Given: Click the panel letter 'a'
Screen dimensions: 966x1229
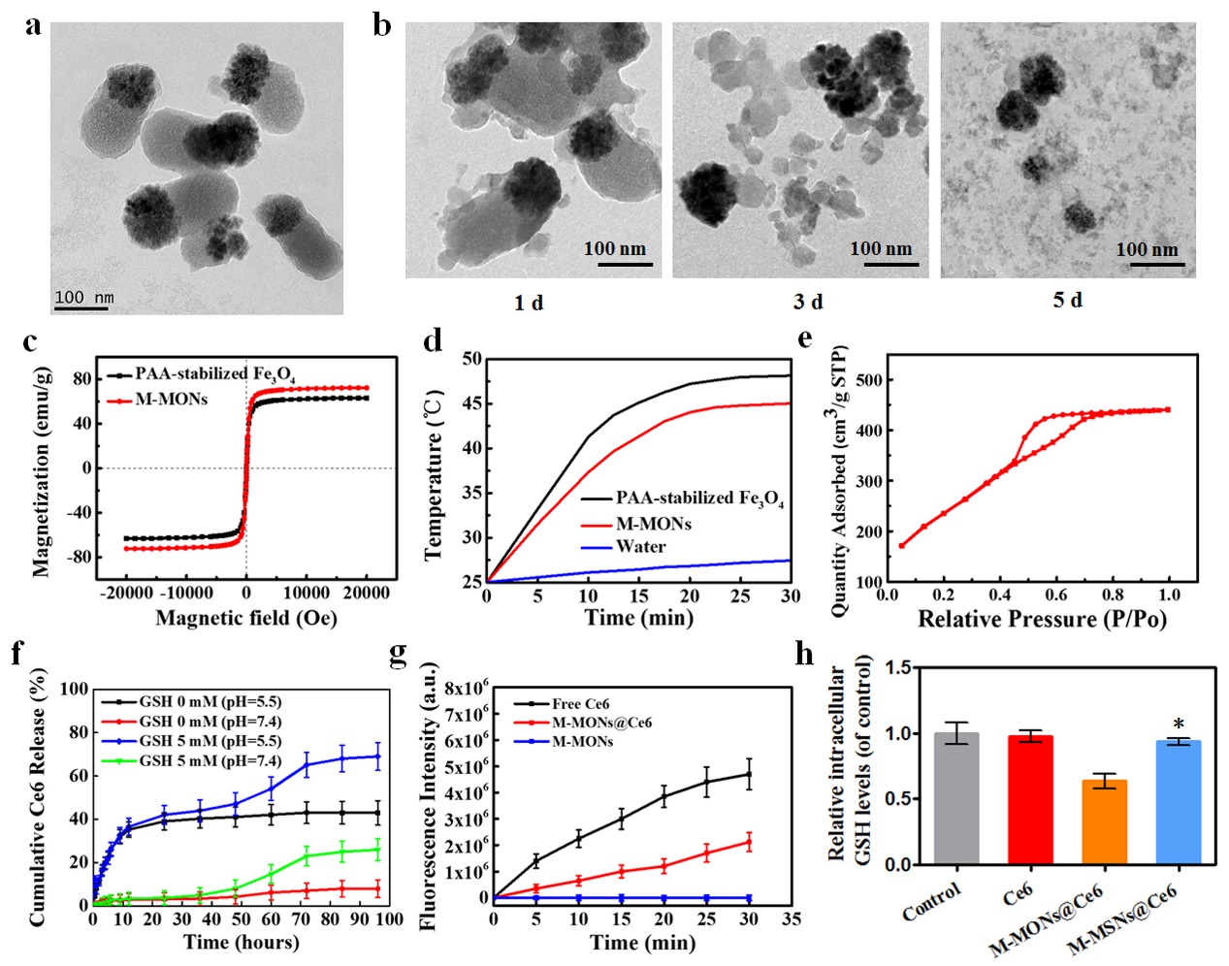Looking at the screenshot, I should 33,26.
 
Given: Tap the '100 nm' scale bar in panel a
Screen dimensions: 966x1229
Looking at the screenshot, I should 83,298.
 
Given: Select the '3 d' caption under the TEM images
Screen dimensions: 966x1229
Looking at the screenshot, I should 807,302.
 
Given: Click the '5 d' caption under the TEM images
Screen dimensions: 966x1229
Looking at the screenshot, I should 1067,301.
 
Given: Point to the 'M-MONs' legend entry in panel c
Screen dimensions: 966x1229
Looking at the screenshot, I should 171,400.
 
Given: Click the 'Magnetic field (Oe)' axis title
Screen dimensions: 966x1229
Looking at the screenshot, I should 246,618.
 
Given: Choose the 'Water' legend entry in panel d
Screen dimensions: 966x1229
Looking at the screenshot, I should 640,547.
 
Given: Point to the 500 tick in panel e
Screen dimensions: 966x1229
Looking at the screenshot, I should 870,380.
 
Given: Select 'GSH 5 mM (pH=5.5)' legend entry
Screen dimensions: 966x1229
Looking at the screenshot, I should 210,741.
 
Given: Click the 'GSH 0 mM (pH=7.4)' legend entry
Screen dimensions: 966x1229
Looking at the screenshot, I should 210,722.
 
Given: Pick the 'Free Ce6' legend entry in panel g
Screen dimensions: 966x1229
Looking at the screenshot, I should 580,704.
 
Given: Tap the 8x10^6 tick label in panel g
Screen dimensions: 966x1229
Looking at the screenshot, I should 464,690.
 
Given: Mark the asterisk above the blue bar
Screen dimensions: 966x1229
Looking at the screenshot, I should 1179,724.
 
